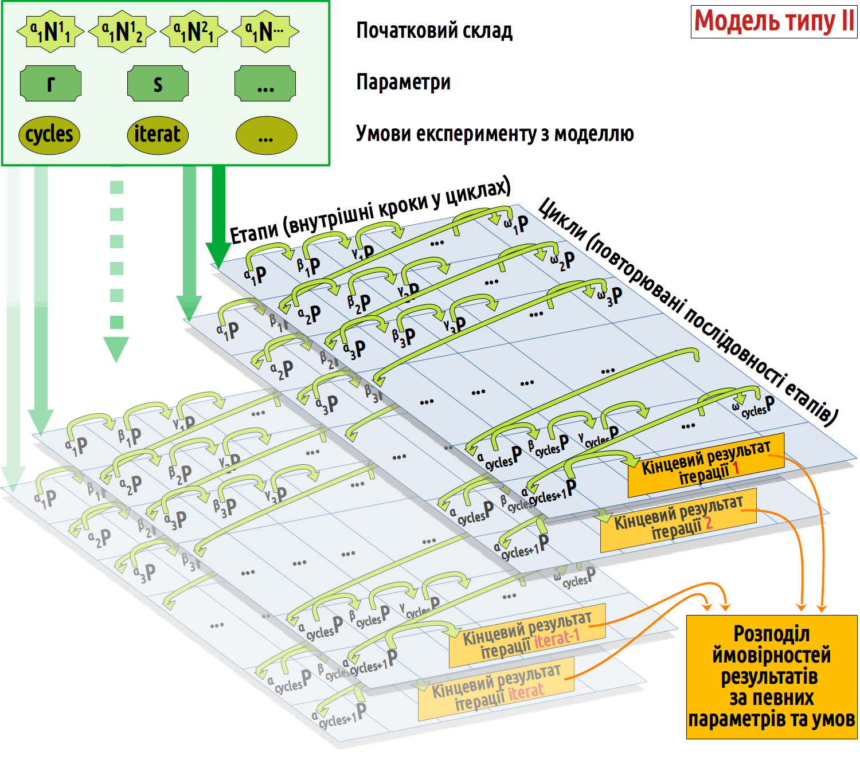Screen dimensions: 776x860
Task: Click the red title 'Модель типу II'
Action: point(773,22)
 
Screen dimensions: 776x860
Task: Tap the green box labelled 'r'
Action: point(50,84)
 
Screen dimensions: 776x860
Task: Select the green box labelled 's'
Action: point(158,84)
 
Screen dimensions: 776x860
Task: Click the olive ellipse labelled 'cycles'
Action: point(49,135)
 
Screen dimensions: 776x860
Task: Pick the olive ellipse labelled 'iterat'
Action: point(157,135)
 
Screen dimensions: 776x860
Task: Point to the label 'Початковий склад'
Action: point(434,30)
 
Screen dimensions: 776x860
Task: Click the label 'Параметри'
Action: point(403,82)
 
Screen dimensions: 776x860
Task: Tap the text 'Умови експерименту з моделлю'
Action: point(494,134)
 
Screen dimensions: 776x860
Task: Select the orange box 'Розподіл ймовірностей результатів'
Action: point(771,677)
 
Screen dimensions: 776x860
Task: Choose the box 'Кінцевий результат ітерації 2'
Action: point(678,519)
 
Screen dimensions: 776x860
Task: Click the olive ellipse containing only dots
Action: point(266,136)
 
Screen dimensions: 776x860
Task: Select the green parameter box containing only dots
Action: point(265,84)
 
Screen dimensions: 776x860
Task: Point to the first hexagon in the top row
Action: point(50,32)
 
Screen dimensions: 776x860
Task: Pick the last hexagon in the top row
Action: point(265,32)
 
